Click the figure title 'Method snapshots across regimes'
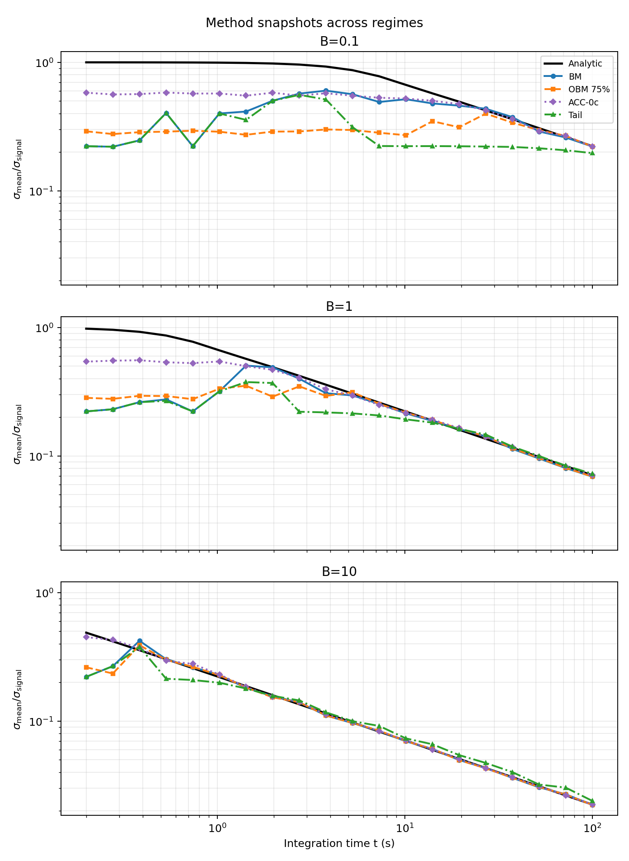click(x=314, y=23)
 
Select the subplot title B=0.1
click(x=339, y=42)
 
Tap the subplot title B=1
click(x=339, y=307)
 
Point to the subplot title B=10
click(x=339, y=572)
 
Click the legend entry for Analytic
click(x=584, y=64)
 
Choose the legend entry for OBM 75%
click(x=589, y=90)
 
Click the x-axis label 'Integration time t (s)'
click(x=339, y=843)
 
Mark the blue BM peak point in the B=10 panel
click(x=140, y=641)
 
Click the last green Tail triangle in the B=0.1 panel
click(x=592, y=153)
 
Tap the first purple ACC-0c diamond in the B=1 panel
click(x=86, y=362)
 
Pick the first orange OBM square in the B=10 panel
click(x=86, y=667)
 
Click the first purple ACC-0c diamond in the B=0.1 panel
click(x=86, y=93)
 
